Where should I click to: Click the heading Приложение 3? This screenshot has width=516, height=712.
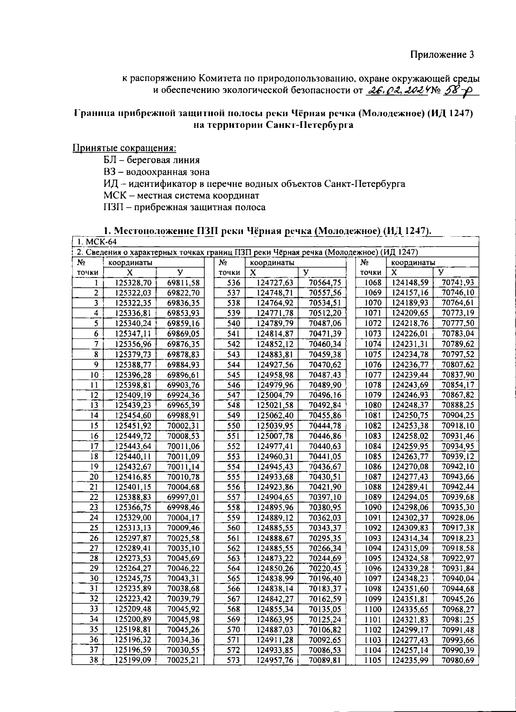[x=442, y=55]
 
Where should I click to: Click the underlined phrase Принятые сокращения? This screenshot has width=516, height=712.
[x=124, y=148]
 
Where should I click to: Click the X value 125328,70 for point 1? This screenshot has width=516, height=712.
[x=133, y=283]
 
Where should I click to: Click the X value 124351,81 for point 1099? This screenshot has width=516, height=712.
[x=409, y=599]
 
